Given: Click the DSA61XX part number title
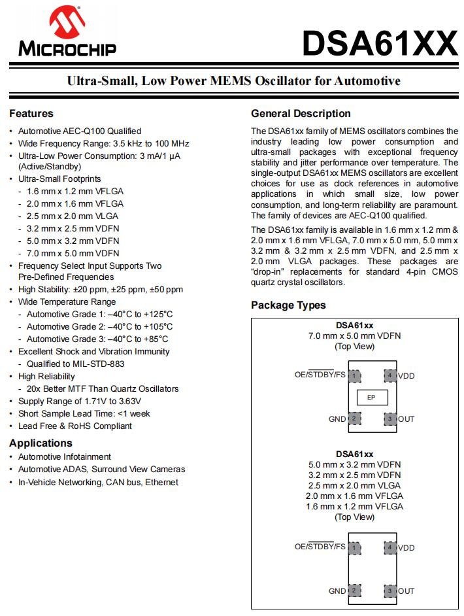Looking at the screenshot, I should (380, 44).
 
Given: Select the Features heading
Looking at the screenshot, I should (31, 113).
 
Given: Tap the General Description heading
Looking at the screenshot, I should (301, 113).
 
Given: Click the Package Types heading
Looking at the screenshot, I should (288, 305).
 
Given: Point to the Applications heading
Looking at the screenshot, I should (41, 443).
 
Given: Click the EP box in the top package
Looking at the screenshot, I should (371, 397).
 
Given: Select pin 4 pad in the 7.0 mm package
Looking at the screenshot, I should (389, 375).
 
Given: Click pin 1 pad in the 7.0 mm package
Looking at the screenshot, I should (354, 375).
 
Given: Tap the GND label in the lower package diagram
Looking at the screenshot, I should (337, 591).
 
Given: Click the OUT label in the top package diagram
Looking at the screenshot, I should (406, 419).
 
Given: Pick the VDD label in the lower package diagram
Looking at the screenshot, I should (406, 547).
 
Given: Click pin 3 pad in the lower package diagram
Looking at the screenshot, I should (389, 591).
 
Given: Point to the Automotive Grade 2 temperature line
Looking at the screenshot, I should (99, 326).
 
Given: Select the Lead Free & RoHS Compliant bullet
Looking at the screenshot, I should (75, 426).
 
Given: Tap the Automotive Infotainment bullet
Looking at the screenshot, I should (65, 456).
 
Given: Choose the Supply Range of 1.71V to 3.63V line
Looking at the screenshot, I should (80, 401).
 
